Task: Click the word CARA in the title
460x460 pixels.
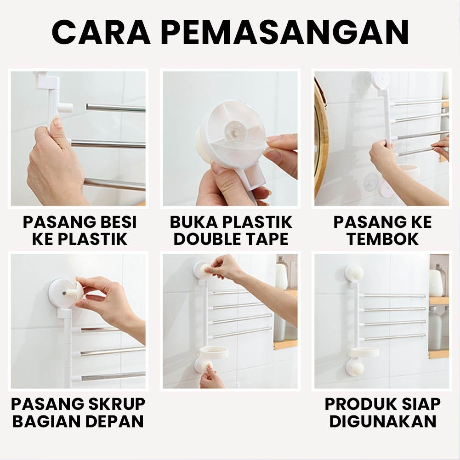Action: pos(101,33)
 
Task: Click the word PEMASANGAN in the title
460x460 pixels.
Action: pos(284,33)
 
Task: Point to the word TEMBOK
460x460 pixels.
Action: pos(382,239)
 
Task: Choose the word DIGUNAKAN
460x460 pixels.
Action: pos(382,421)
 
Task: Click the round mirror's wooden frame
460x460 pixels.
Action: pos(321,138)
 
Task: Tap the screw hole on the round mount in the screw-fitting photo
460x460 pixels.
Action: pos(64,293)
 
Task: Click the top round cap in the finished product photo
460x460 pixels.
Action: pos(354,274)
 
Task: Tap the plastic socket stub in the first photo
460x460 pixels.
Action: pos(66,108)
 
